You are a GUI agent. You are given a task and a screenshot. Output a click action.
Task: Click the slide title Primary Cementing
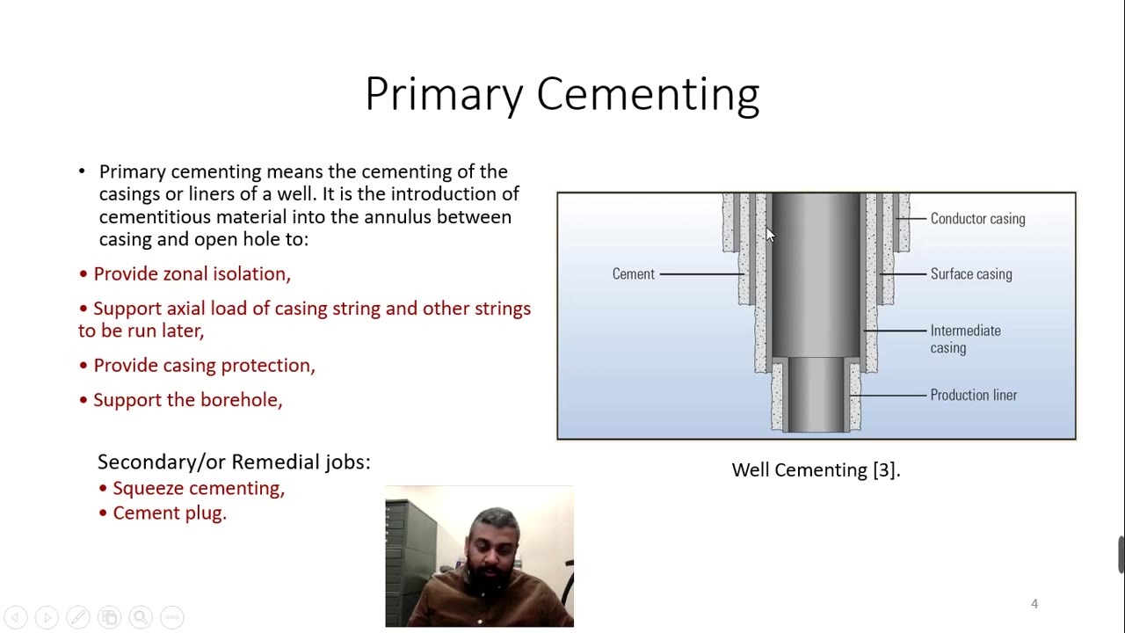tap(562, 94)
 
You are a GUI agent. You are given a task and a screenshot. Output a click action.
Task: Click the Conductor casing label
tap(977, 219)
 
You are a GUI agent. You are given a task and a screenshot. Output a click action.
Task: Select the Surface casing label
tap(970, 274)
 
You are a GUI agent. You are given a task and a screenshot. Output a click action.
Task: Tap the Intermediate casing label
tap(964, 339)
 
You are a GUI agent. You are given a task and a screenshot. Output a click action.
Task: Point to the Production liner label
tap(973, 396)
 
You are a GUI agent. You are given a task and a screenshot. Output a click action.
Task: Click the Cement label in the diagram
tap(633, 274)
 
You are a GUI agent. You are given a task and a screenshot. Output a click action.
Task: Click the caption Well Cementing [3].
tap(816, 470)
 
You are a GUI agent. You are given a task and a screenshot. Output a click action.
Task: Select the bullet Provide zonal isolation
tap(192, 274)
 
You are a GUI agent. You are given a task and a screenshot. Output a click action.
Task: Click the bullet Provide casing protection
tap(204, 366)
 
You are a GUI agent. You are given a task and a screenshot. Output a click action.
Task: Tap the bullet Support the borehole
tap(187, 400)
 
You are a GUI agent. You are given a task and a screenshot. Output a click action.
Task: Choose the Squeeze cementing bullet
tap(199, 489)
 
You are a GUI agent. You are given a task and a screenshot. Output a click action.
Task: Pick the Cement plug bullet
tap(170, 513)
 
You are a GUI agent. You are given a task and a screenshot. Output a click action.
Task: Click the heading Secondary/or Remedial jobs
tap(234, 462)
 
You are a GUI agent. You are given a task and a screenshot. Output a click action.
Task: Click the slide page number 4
tap(1034, 604)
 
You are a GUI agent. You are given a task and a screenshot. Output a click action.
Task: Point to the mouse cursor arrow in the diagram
tap(770, 234)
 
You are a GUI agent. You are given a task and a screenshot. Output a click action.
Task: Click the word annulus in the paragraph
tap(398, 217)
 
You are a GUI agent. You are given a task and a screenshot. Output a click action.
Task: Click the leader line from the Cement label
tap(701, 274)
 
